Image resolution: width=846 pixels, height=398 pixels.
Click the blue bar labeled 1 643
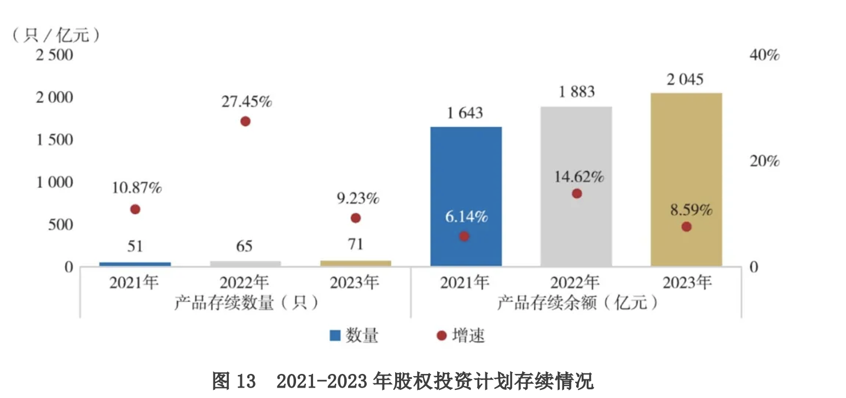click(x=466, y=180)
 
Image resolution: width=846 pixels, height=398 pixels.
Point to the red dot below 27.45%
click(x=245, y=121)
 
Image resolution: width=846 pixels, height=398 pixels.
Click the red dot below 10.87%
click(x=135, y=209)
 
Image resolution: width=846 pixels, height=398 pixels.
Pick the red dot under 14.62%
click(x=576, y=194)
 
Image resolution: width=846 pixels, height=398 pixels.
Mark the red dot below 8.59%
click(x=687, y=227)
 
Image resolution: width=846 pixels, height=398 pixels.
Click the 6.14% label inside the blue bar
click(x=465, y=217)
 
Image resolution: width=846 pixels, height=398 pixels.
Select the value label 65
click(x=245, y=246)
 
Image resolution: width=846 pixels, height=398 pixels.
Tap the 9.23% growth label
click(x=356, y=198)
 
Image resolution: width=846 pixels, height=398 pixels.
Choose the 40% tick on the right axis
click(x=764, y=55)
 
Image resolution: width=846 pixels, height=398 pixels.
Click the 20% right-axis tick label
click(x=764, y=161)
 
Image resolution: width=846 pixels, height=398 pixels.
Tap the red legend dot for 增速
click(x=442, y=335)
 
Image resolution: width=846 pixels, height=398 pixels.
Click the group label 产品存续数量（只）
click(x=246, y=303)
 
